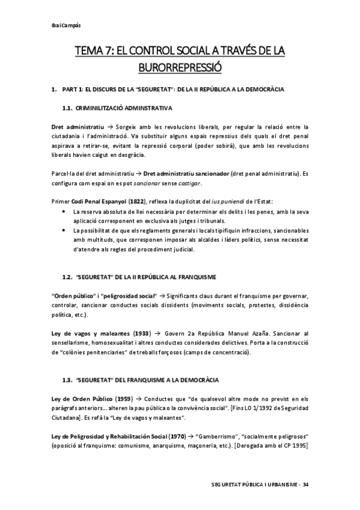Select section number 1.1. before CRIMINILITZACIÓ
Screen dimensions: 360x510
[x=67, y=108]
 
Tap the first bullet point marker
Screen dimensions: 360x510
[x=64, y=212]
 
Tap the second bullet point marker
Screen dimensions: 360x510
[x=64, y=232]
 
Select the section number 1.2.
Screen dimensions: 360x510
[x=67, y=277]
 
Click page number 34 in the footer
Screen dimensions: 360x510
[x=305, y=485]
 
